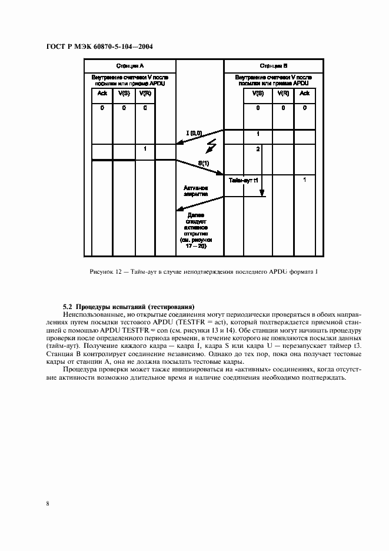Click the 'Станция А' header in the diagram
point(129,65)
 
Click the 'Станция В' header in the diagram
point(273,65)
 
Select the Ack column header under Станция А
point(102,94)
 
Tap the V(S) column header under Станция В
point(258,94)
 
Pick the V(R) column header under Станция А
point(145,94)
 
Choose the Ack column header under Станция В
point(304,94)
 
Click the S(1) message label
point(204,162)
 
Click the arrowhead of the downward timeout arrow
point(262,193)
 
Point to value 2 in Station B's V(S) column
point(258,150)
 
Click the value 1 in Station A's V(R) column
point(145,150)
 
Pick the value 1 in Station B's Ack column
point(304,179)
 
